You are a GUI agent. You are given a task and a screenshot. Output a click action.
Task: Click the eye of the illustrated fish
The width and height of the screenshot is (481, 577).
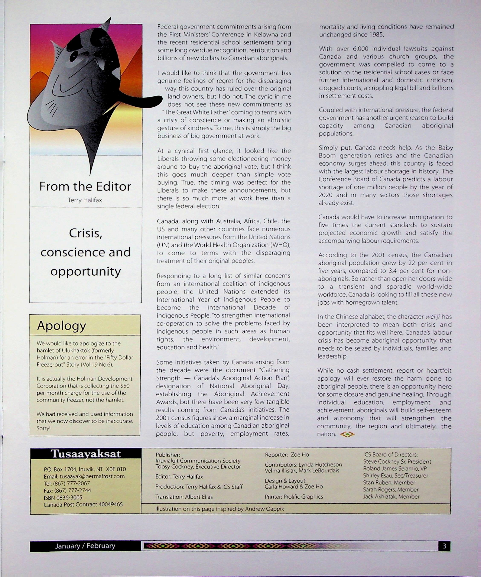click(x=74, y=57)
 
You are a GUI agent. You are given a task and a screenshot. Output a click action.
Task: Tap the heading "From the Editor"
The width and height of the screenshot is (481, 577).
click(x=85, y=187)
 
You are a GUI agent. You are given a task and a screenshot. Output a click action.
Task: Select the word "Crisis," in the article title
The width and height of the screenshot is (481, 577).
click(x=85, y=233)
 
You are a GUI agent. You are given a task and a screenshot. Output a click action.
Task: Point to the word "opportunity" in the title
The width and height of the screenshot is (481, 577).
click(x=85, y=272)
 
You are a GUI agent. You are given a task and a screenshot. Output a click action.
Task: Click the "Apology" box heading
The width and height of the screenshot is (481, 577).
click(x=62, y=326)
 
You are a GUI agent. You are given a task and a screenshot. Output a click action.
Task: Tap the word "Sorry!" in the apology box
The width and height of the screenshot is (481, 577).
click(x=43, y=428)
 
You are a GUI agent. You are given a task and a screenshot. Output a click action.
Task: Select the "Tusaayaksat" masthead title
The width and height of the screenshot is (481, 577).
click(x=85, y=454)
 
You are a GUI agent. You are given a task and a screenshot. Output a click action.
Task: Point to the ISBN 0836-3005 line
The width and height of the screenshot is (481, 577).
click(x=63, y=497)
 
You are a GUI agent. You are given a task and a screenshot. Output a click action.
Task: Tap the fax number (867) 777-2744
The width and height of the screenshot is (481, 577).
click(x=67, y=490)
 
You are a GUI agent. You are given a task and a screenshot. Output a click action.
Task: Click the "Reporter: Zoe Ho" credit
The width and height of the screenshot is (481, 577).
click(x=287, y=455)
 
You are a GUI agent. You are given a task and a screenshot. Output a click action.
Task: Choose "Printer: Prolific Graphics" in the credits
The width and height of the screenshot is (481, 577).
click(x=294, y=497)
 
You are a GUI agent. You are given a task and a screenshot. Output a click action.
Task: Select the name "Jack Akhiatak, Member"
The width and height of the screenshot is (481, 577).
click(x=391, y=496)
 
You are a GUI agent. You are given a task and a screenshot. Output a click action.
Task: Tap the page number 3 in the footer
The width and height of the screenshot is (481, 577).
click(x=444, y=546)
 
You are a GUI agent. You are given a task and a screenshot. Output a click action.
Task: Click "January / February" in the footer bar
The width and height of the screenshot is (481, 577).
click(x=85, y=546)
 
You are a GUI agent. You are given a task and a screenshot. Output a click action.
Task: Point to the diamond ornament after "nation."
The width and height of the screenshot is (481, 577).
click(x=347, y=434)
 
